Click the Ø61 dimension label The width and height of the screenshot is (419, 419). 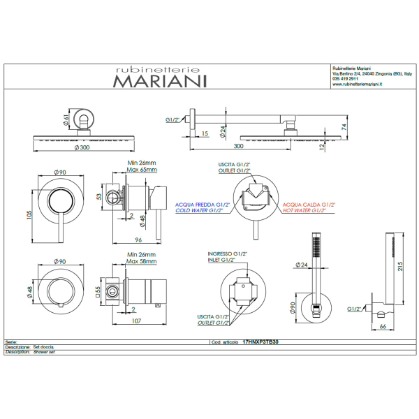(x=67, y=121)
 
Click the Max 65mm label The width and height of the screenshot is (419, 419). (x=141, y=170)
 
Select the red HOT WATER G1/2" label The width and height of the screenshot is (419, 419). (x=309, y=210)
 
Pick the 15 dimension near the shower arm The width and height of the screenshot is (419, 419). (x=205, y=133)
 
